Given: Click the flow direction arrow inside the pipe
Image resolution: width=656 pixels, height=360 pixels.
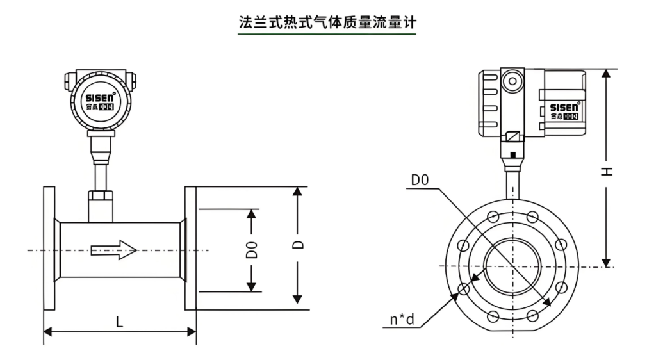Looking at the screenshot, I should pyautogui.click(x=114, y=249).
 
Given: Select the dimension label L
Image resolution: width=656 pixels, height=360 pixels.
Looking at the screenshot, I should pyautogui.click(x=119, y=322).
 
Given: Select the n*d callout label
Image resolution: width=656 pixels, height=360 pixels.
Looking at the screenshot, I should pyautogui.click(x=403, y=319).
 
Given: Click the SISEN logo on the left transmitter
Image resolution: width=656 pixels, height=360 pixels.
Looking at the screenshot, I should pyautogui.click(x=100, y=97).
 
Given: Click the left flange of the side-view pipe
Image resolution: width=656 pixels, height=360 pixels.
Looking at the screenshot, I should pyautogui.click(x=49, y=249).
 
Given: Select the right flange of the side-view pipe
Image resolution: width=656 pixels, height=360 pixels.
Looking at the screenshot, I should pyautogui.click(x=190, y=249).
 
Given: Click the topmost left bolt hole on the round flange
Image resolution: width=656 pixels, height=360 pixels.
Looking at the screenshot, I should pyautogui.click(x=493, y=216).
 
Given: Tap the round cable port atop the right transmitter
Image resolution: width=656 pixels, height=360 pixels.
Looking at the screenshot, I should pyautogui.click(x=511, y=81).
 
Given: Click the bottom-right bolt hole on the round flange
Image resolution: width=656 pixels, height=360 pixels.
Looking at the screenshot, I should pyautogui.click(x=532, y=315).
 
